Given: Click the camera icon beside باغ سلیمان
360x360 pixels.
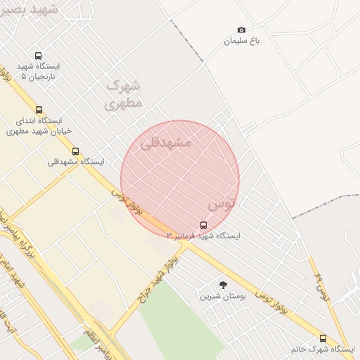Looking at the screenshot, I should tap(242, 30).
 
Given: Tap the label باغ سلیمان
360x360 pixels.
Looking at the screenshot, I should tap(243, 41).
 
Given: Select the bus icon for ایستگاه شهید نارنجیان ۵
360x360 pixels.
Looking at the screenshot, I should tap(38, 56).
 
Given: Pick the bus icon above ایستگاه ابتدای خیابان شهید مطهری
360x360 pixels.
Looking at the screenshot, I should tap(39, 110).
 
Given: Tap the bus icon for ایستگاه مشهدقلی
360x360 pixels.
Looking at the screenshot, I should tap(75, 151).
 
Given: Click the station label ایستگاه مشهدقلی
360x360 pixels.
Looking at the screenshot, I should tap(76, 162).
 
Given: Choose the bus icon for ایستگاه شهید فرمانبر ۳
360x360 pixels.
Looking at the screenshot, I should tap(203, 225).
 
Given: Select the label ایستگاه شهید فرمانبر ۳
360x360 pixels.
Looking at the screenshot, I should tap(203, 236).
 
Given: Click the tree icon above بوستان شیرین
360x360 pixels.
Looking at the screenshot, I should tap(224, 285).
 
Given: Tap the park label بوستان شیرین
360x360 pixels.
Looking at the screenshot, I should tap(223, 296).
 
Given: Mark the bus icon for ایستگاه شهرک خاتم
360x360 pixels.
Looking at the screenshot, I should tap(323, 338).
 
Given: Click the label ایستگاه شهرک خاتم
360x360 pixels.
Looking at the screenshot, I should tap(323, 349).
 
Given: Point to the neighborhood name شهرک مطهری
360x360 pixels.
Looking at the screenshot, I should tap(124, 94).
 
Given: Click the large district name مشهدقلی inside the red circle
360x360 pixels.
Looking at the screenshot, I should tap(166, 142).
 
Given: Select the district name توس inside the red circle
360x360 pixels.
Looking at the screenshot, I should tap(221, 204).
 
